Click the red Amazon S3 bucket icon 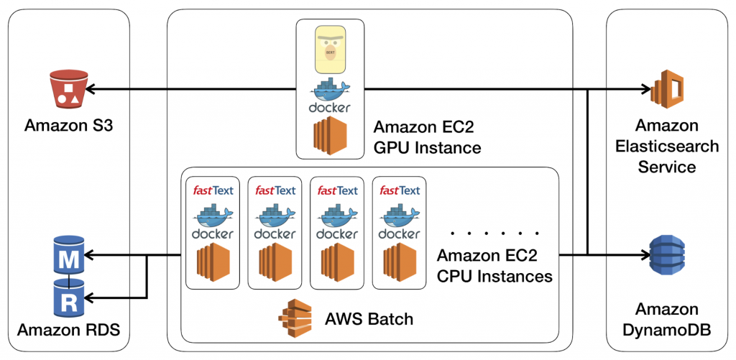pyautogui.click(x=69, y=91)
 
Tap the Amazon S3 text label pyautogui.click(x=69, y=126)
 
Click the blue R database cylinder pyautogui.click(x=70, y=297)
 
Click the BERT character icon pyautogui.click(x=330, y=50)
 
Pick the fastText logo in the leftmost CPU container pyautogui.click(x=212, y=190)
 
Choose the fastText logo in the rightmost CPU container pyautogui.click(x=399, y=190)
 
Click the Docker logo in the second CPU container pyautogui.click(x=275, y=223)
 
